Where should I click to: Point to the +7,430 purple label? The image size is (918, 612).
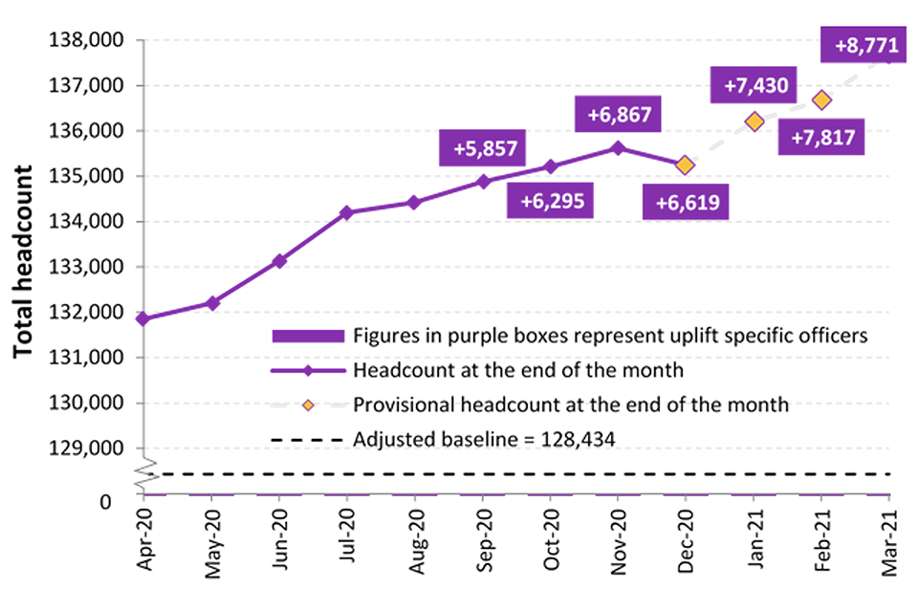(755, 86)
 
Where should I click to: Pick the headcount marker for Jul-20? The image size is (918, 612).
(346, 212)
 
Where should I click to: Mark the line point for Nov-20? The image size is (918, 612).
(618, 148)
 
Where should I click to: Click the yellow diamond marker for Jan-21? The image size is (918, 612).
(754, 121)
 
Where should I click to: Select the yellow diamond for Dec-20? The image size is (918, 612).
(686, 164)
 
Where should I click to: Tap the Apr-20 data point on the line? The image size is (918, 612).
(143, 318)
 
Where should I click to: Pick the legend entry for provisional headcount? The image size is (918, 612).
(571, 404)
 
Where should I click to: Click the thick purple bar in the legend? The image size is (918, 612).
(308, 336)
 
